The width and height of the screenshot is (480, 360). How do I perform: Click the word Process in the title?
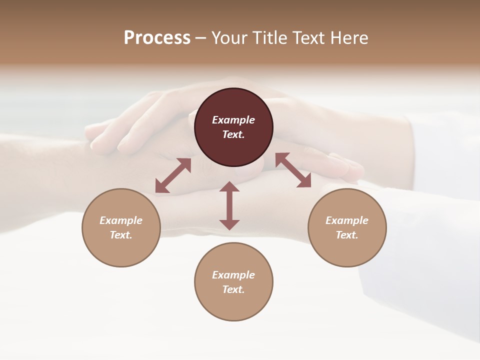pyautogui.click(x=157, y=38)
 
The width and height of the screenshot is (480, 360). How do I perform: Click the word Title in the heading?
pyautogui.click(x=269, y=38)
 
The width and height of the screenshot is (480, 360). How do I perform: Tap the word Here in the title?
pyautogui.click(x=348, y=38)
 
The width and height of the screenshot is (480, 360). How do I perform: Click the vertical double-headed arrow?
pyautogui.click(x=229, y=205)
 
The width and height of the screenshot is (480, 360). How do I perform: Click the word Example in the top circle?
pyautogui.click(x=233, y=120)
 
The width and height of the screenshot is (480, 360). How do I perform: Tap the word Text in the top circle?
pyautogui.click(x=233, y=134)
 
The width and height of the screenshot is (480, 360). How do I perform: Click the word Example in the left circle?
pyautogui.click(x=121, y=220)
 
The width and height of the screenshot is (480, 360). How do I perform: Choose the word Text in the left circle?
pyautogui.click(x=121, y=235)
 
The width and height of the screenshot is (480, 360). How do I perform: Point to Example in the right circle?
pyautogui.click(x=347, y=220)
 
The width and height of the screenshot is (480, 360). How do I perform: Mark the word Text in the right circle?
pyautogui.click(x=347, y=235)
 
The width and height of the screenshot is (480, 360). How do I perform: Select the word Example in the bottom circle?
pyautogui.click(x=233, y=275)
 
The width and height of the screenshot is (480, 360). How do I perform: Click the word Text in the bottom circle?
pyautogui.click(x=233, y=289)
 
